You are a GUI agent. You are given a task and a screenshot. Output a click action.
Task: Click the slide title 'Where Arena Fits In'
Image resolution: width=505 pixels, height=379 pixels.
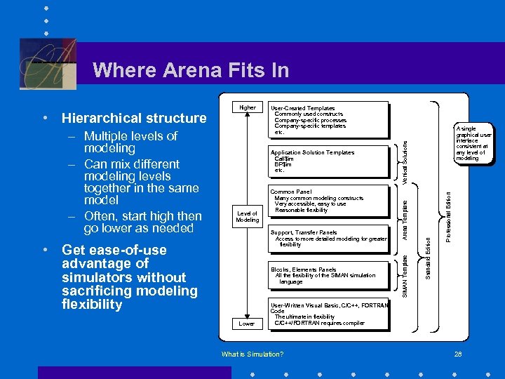pyautogui.click(x=190, y=70)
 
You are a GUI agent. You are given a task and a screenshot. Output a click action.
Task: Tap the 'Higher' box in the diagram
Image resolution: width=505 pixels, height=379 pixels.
pyautogui.click(x=247, y=108)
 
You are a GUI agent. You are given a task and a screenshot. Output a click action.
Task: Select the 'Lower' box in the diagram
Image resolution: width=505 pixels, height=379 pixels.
pyautogui.click(x=246, y=324)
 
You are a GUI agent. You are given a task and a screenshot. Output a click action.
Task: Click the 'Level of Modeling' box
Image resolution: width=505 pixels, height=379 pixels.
pyautogui.click(x=247, y=216)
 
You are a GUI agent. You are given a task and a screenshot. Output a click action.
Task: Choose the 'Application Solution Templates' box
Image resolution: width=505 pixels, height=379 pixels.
pyautogui.click(x=328, y=161)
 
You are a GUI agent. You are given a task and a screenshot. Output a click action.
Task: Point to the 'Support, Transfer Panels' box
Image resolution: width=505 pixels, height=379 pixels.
pyautogui.click(x=328, y=238)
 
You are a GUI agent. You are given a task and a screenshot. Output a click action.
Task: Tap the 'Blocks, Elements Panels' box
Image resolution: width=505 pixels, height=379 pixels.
pyautogui.click(x=328, y=275)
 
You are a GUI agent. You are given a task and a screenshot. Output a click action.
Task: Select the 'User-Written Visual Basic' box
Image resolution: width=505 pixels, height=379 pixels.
pyautogui.click(x=328, y=314)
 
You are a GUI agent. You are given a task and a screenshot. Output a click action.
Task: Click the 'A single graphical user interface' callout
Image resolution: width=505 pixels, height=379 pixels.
pyautogui.click(x=474, y=144)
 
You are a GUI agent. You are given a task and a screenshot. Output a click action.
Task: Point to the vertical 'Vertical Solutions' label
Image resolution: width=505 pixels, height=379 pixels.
pyautogui.click(x=405, y=162)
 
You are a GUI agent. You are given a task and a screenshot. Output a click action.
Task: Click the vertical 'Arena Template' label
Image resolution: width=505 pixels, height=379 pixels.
pyautogui.click(x=405, y=218)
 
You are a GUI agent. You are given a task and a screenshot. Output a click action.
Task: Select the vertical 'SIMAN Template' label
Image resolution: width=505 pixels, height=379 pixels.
pyautogui.click(x=405, y=274)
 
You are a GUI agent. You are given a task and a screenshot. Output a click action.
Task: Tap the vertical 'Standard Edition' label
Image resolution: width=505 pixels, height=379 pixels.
pyautogui.click(x=427, y=255)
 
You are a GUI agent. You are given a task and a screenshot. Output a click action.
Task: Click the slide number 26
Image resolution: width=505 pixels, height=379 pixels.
pyautogui.click(x=457, y=354)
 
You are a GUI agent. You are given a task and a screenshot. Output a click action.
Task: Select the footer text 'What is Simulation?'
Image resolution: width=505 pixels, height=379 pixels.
pyautogui.click(x=252, y=354)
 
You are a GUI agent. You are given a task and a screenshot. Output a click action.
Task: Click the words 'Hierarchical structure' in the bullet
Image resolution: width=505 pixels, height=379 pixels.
pyautogui.click(x=134, y=118)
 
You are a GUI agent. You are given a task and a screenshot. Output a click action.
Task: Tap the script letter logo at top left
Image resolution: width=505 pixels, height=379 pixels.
pyautogui.click(x=47, y=63)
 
